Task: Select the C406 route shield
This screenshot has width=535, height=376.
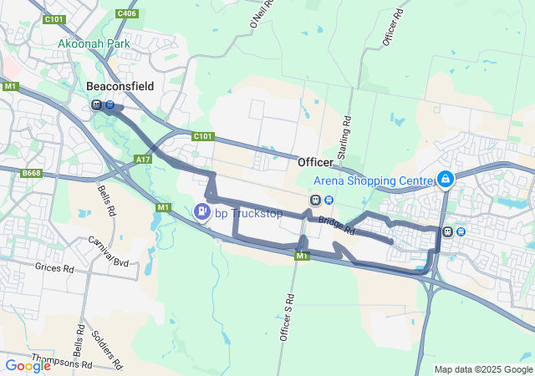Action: [127, 13]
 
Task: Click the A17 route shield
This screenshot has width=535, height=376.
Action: [141, 158]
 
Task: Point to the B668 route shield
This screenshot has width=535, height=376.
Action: [32, 173]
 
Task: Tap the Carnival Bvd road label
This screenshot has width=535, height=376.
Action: [110, 252]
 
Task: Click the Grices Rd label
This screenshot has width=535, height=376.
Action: [54, 267]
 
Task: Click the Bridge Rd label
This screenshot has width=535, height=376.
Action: [337, 226]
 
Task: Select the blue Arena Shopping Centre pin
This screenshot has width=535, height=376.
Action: [446, 180]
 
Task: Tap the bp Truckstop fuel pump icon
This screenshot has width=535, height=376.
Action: [201, 212]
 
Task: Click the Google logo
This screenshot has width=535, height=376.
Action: [28, 365]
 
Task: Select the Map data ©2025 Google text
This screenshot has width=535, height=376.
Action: [483, 369]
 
